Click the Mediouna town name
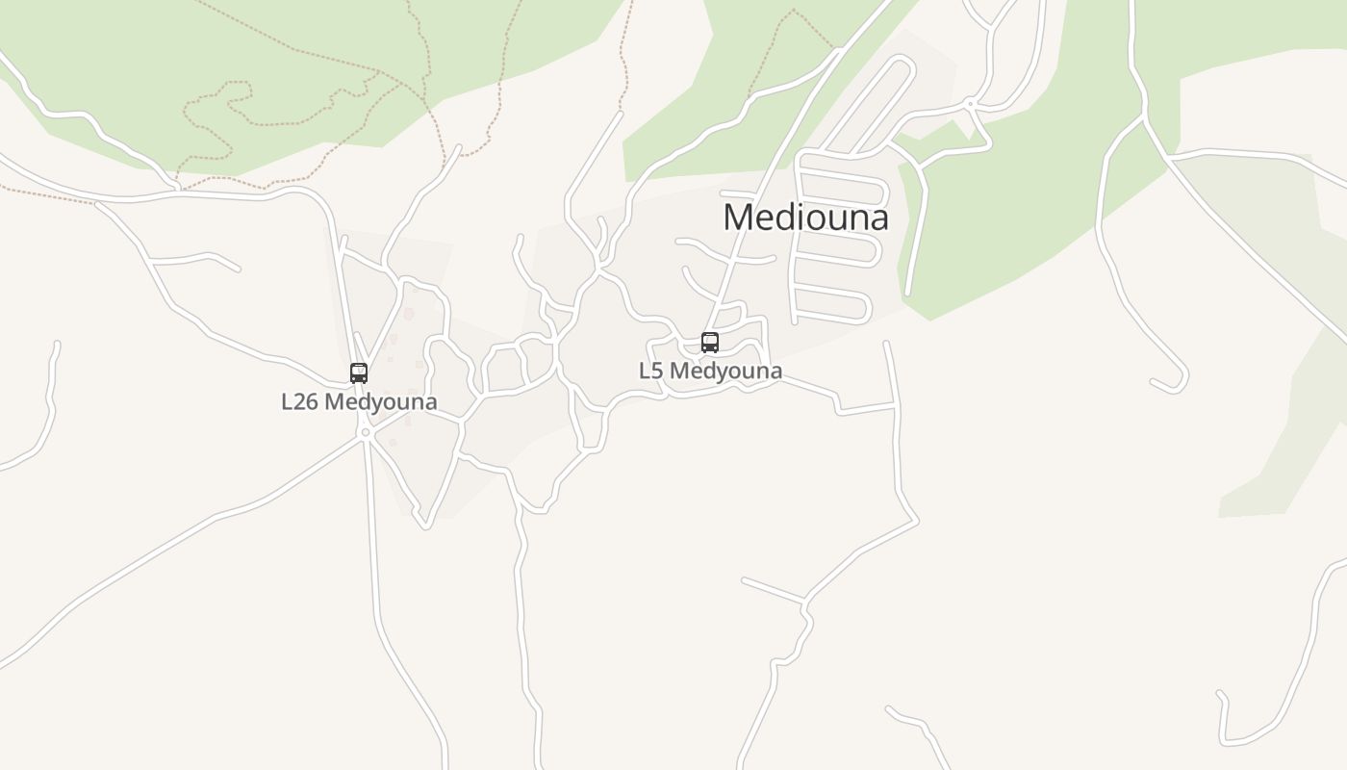pyautogui.click(x=805, y=217)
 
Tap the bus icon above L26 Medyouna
pyautogui.click(x=359, y=373)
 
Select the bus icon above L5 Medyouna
pyautogui.click(x=710, y=343)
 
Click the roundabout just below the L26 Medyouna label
pyautogui.click(x=365, y=433)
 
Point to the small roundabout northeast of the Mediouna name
pyautogui.click(x=971, y=104)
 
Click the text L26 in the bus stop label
pyautogui.click(x=299, y=402)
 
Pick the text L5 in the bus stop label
pyautogui.click(x=650, y=372)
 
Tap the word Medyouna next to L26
pyautogui.click(x=380, y=402)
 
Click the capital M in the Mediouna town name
pyautogui.click(x=738, y=218)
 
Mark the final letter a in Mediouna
pyautogui.click(x=877, y=219)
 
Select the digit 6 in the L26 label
pyautogui.click(x=311, y=402)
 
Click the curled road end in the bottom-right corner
pyautogui.click(x=1223, y=698)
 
